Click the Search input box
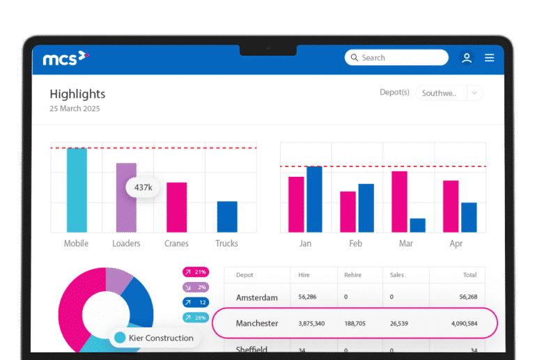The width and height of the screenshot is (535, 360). pos(396,58)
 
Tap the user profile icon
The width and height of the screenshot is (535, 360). pos(467,58)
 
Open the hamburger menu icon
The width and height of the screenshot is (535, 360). pos(490,58)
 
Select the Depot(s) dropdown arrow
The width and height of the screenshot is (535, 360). pos(474,93)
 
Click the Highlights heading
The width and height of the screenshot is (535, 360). pos(77,94)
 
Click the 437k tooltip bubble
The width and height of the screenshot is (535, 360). pos(143,187)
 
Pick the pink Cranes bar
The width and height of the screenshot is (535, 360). pos(176,207)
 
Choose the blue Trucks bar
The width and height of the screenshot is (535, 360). pos(227,217)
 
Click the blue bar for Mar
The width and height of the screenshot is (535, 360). pos(417,225)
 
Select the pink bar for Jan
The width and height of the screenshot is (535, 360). pos(296,204)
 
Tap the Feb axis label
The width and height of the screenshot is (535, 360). pos(356,244)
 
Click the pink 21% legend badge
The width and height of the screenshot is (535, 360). pos(196,272)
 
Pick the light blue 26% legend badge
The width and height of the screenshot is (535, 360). pos(196,318)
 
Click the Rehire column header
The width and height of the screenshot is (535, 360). pos(353,275)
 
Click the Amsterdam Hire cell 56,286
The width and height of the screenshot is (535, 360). pos(307,297)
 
